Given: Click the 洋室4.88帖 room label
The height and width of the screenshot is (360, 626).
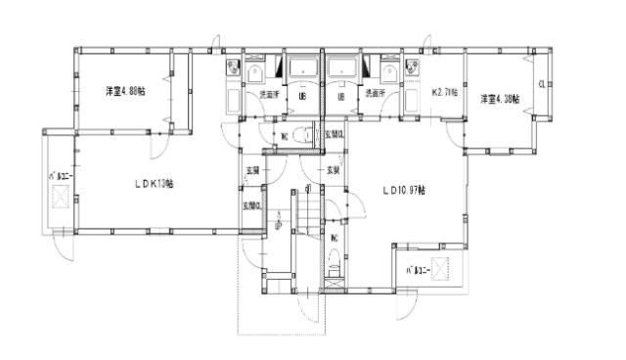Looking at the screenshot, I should [126, 91].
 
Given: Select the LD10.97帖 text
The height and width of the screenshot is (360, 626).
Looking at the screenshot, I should [403, 191].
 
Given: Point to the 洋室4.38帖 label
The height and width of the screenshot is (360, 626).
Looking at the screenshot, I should [499, 100].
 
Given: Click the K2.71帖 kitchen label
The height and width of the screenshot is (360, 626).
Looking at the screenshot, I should [446, 94].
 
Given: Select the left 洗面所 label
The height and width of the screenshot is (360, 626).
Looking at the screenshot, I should [269, 94].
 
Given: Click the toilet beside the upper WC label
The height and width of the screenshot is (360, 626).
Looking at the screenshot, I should [302, 135].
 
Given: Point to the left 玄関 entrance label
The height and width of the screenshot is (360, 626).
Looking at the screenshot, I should [252, 170].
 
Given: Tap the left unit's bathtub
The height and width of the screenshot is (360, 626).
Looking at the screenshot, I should [300, 67].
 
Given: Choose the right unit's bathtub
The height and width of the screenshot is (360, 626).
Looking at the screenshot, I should [341, 67].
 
